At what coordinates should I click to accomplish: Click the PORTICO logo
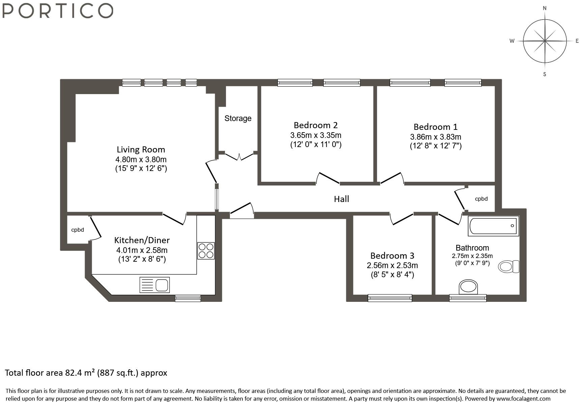57,10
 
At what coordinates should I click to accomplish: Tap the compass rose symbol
545,41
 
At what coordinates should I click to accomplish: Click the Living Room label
141,149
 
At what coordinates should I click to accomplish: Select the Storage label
238,118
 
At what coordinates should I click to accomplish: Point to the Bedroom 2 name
316,125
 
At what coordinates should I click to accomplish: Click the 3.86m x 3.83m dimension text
436,137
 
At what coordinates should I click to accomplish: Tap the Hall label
341,199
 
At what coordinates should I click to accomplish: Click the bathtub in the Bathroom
493,226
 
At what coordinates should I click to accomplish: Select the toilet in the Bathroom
509,266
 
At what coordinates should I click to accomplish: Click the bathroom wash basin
468,287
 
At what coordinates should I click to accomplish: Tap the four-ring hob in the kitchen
206,251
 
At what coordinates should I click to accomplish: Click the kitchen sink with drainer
154,285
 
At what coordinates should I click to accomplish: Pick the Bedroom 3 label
392,256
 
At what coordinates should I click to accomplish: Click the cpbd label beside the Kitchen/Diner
78,230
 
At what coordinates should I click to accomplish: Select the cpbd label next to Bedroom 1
481,199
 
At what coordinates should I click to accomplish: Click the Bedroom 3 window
390,298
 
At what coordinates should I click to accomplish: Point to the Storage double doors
239,157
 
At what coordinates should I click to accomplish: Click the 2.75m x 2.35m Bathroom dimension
472,256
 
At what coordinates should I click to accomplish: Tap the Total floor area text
86,373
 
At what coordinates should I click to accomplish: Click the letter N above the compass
545,8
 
